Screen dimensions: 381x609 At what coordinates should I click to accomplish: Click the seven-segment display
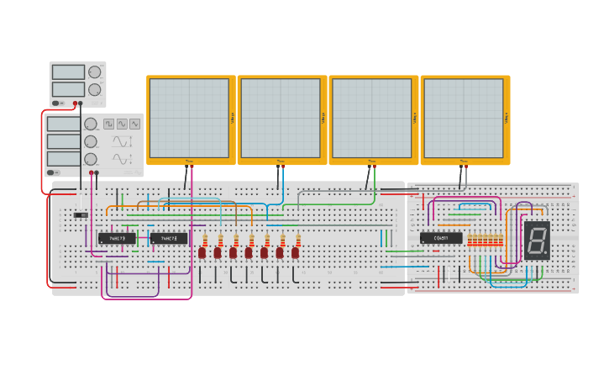[537, 240]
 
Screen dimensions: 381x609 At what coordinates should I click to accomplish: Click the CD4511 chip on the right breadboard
[441, 238]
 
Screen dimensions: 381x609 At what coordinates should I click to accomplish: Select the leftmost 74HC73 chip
[116, 239]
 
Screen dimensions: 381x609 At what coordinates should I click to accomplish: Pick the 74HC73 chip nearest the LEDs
[169, 239]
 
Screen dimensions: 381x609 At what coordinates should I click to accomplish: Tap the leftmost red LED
[202, 251]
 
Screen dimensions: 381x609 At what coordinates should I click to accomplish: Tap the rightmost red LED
[295, 251]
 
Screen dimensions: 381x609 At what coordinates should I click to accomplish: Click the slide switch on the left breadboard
[81, 215]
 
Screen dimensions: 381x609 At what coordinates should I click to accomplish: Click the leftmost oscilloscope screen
[189, 119]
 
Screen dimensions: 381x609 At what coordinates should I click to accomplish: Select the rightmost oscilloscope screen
[463, 119]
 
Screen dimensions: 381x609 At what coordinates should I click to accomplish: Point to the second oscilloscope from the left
[281, 119]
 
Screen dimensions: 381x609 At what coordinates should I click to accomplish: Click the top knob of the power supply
[94, 72]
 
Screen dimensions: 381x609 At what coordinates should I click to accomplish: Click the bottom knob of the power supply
[94, 89]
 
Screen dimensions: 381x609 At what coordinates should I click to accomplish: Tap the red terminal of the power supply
[75, 103]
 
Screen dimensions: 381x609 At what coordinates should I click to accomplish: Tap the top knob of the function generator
[90, 124]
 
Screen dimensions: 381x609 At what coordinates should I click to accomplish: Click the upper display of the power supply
[68, 72]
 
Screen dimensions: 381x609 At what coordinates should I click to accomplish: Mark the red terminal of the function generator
[92, 172]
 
